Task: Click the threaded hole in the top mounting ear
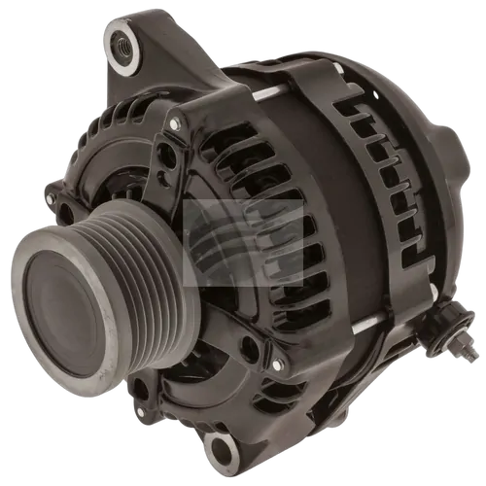(123, 43)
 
